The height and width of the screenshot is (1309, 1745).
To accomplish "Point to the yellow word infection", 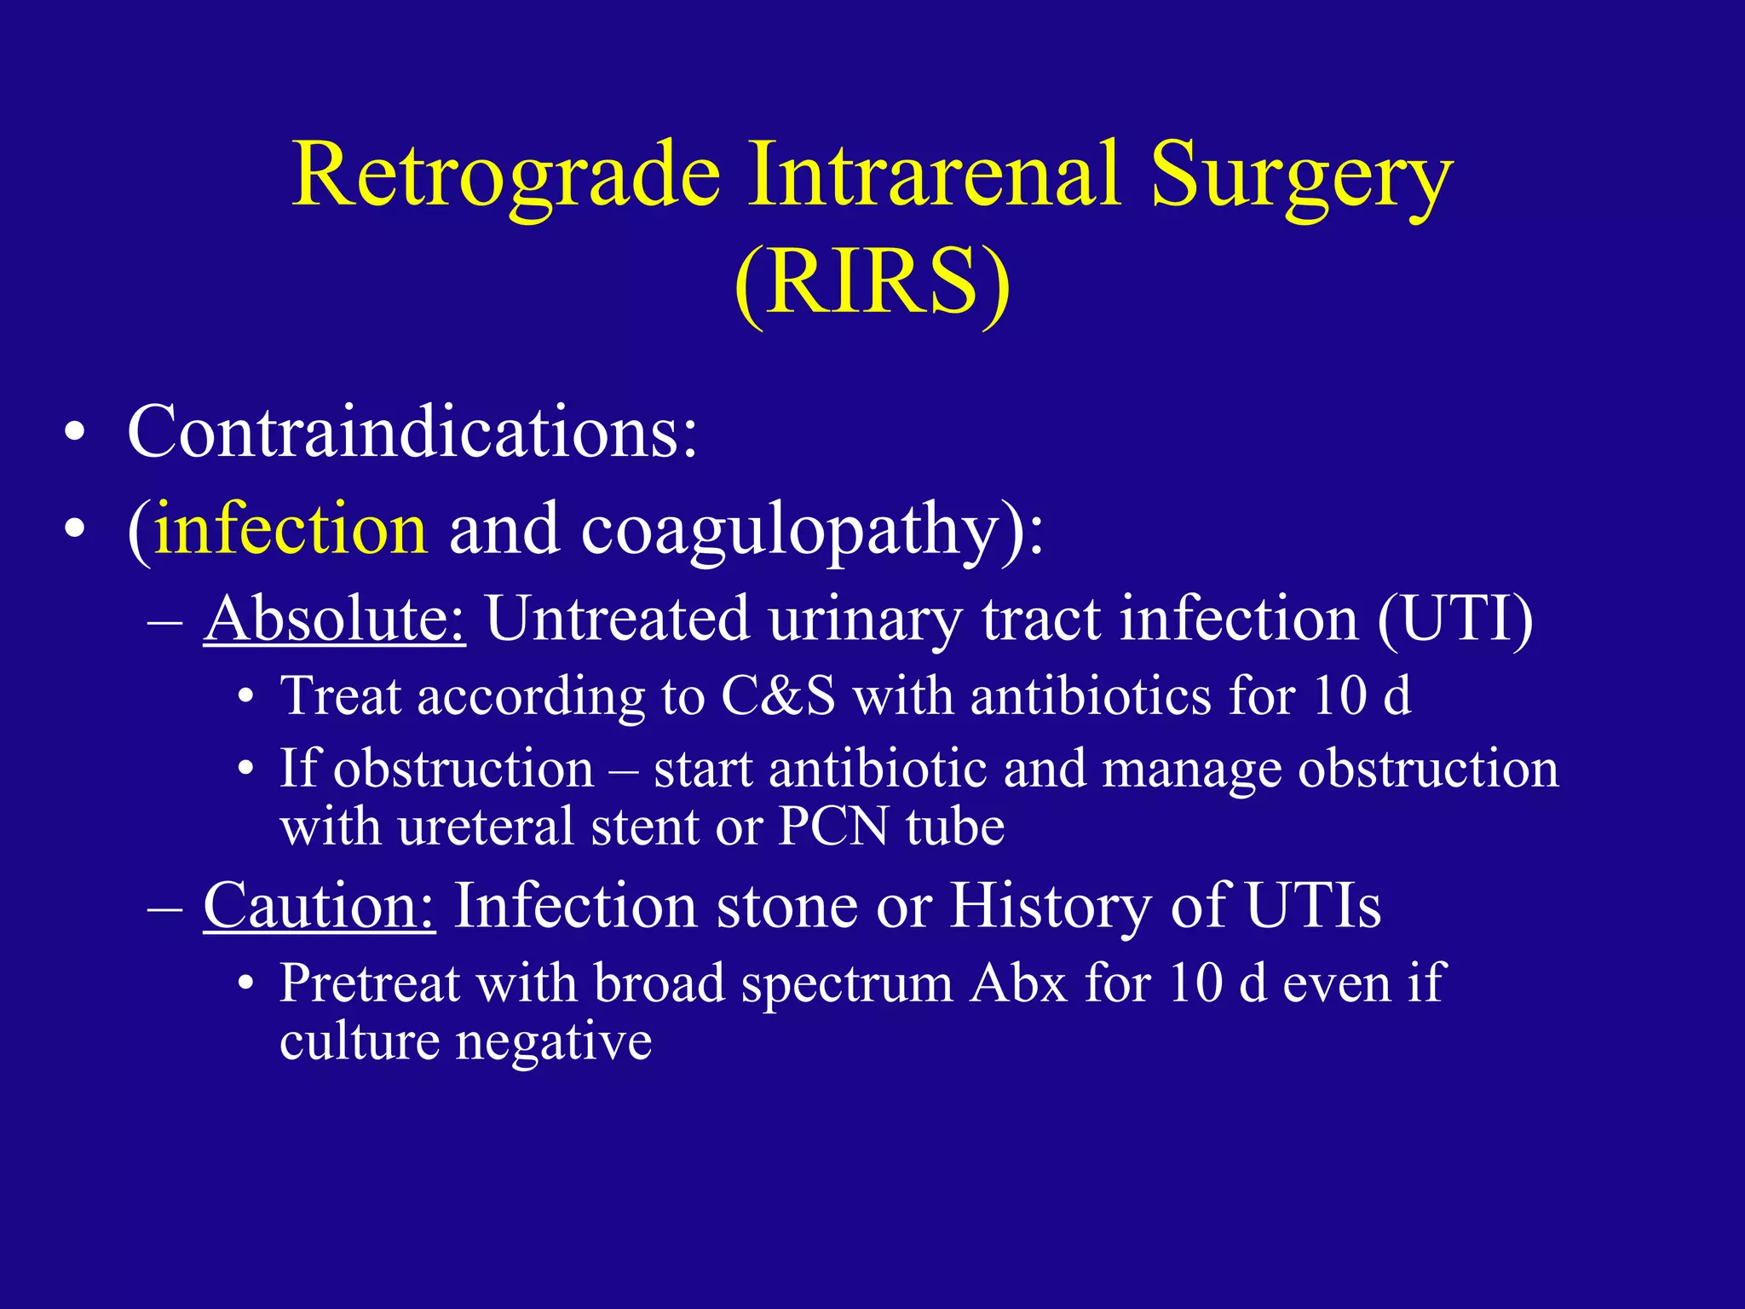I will click(291, 529).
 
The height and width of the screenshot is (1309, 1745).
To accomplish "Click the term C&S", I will click(777, 696).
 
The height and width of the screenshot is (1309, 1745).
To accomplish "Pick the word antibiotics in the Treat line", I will click(1091, 696).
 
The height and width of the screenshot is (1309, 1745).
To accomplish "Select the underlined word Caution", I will click(319, 905).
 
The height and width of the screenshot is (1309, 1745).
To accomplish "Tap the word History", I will click(1051, 905).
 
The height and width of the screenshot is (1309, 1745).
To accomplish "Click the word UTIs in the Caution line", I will click(1312, 905).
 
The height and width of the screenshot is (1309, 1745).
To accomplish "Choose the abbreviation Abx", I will click(1018, 983).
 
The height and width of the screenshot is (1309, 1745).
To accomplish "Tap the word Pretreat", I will click(369, 983).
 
